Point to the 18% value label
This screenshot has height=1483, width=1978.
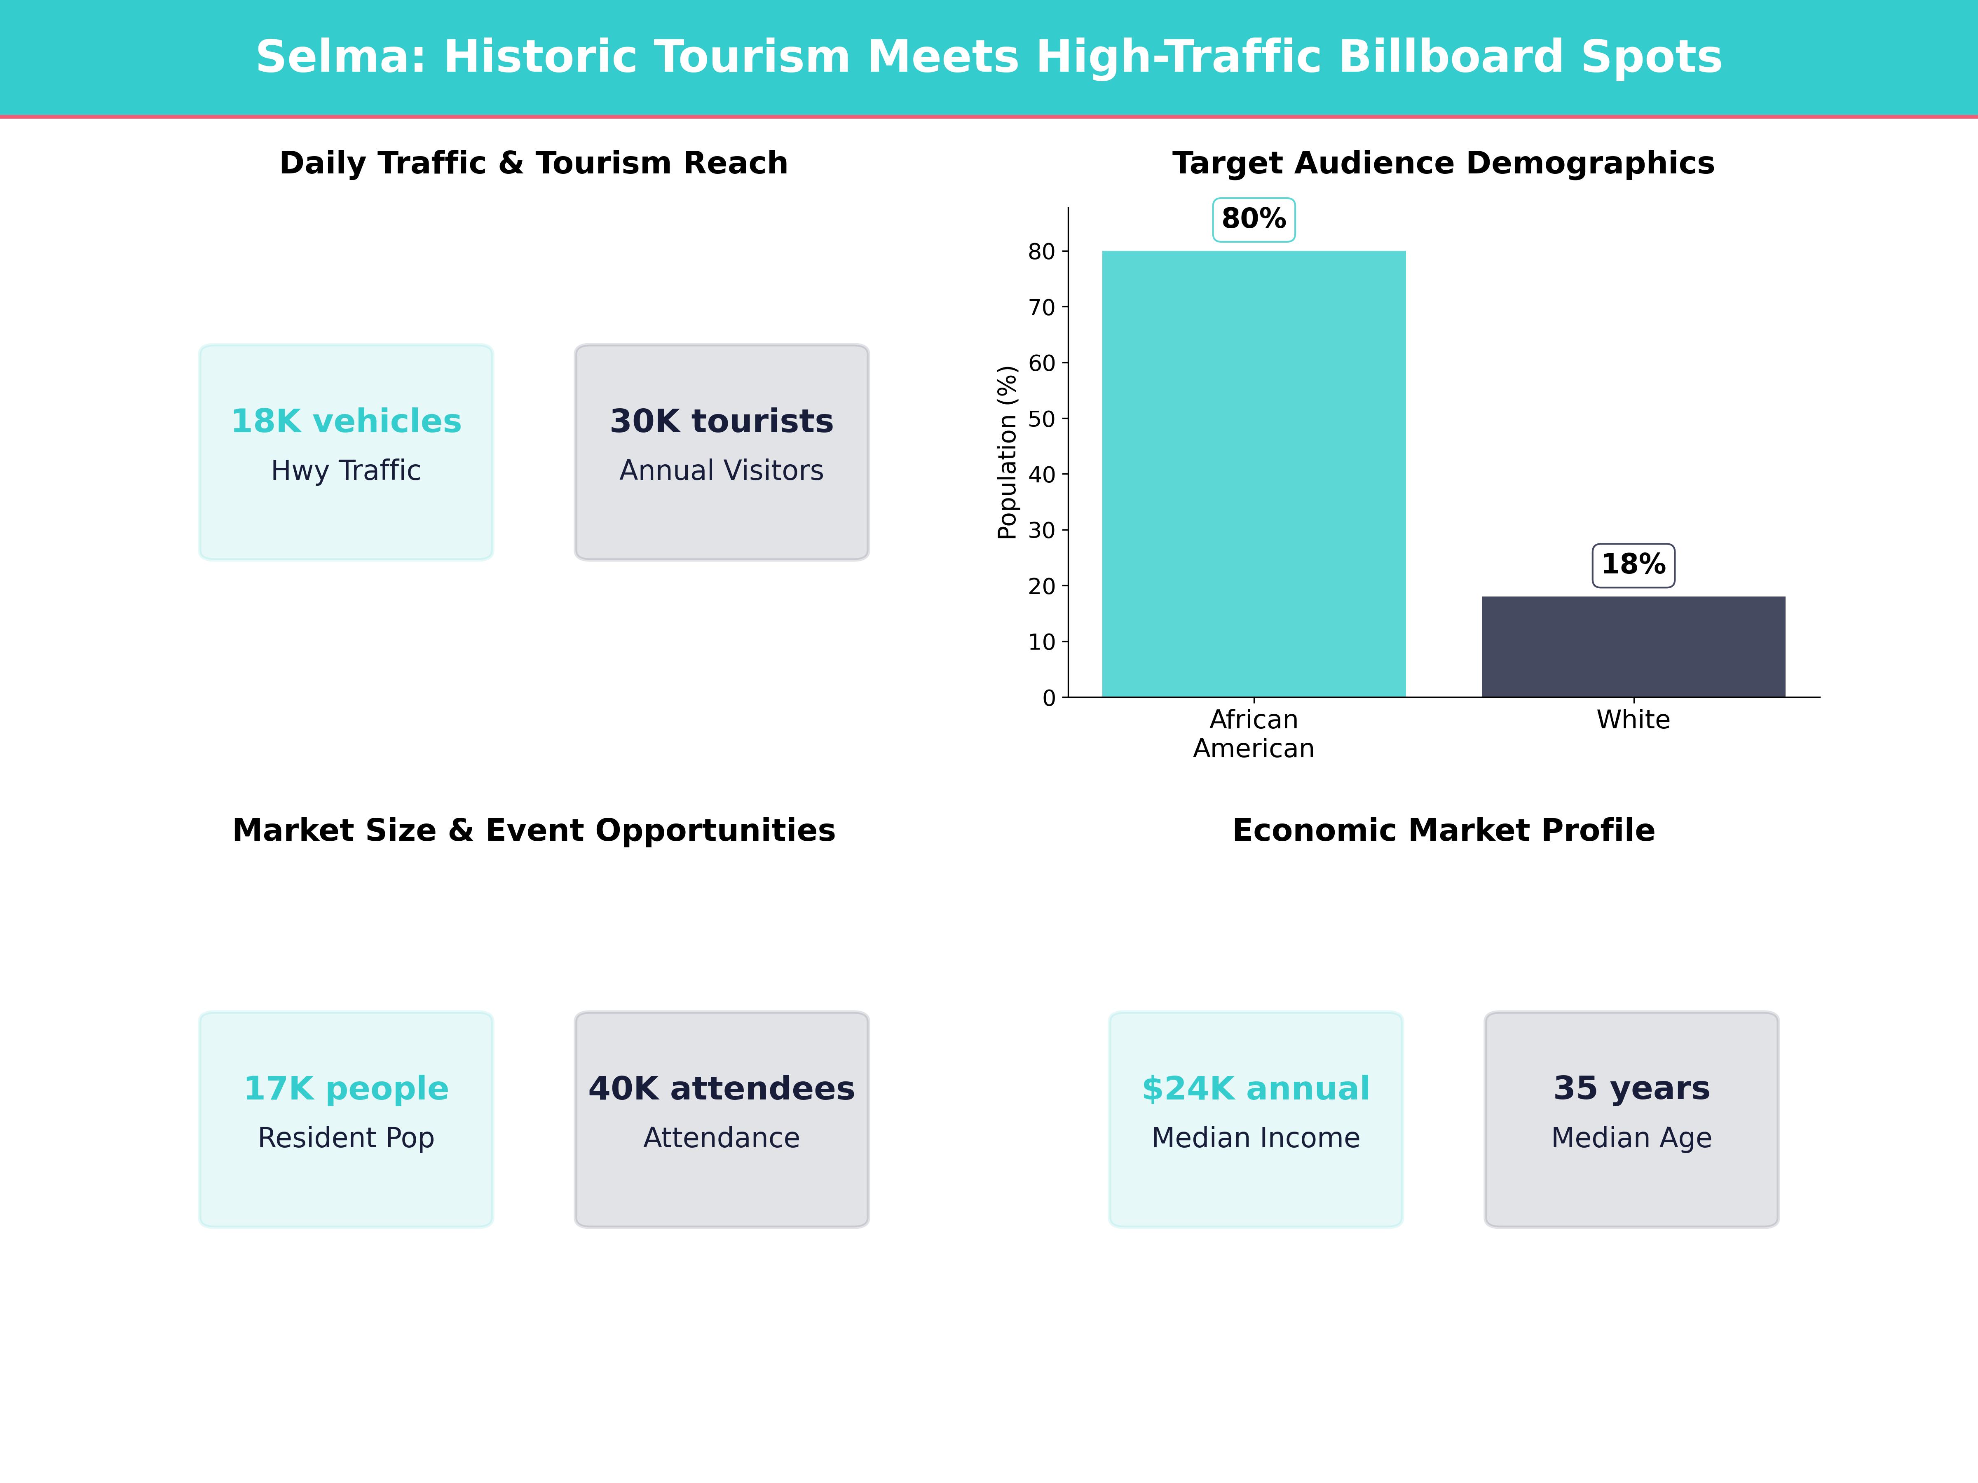pyautogui.click(x=1633, y=565)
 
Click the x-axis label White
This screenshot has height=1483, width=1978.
pyautogui.click(x=1633, y=720)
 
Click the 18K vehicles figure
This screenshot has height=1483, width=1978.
pyautogui.click(x=346, y=421)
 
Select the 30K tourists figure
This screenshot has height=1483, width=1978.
pyautogui.click(x=722, y=421)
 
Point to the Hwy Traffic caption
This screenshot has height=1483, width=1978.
pyautogui.click(x=346, y=470)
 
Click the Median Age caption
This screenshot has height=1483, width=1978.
pyautogui.click(x=1631, y=1138)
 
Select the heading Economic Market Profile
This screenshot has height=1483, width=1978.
pyautogui.click(x=1443, y=830)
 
